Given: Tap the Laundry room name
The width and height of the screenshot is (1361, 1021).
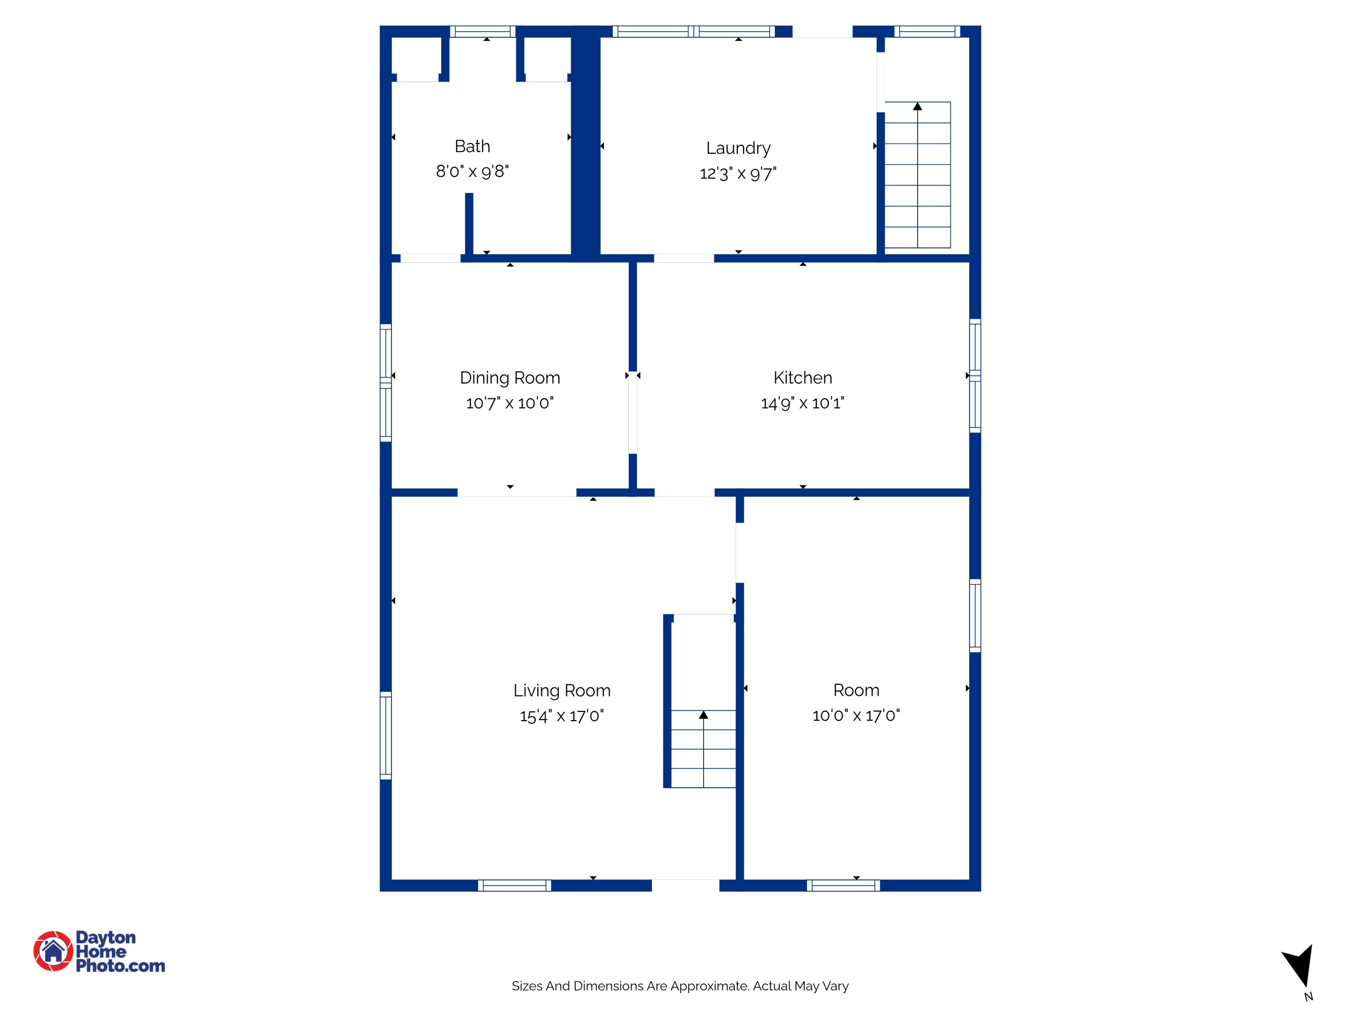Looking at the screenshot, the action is coord(738,149).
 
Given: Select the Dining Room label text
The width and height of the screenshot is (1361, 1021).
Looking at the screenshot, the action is coord(509,378).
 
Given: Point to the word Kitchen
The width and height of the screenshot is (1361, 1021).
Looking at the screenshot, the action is coord(803,378).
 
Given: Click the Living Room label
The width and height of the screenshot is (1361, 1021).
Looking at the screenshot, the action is coord(562,691).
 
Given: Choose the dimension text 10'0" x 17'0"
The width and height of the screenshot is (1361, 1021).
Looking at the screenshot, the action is coord(856,715).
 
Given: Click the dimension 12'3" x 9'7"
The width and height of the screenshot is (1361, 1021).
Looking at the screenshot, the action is coord(738,173).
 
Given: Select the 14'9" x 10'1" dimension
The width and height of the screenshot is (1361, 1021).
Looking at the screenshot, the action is coord(803,403).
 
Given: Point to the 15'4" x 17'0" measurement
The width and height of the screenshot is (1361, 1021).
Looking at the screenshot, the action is coord(562,716).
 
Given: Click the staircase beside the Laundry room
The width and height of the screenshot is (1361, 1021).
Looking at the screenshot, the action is coord(917,175).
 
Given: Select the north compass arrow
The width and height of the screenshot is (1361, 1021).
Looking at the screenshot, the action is coord(1299,966).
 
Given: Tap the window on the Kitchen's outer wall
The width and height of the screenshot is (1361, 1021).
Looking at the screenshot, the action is coord(975,375).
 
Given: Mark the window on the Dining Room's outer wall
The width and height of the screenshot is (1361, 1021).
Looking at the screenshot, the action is coord(386,383).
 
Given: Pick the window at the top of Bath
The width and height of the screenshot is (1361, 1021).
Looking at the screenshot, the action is coord(482,31).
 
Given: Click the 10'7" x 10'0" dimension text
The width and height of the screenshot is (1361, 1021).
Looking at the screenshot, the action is coord(509,403).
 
